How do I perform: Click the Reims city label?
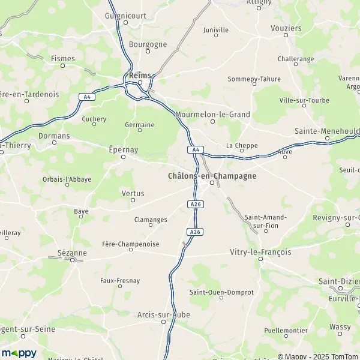click(139, 75)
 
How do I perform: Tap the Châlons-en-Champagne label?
click(208, 176)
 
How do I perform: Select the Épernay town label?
click(124, 149)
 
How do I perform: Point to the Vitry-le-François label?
click(260, 252)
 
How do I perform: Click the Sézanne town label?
click(72, 253)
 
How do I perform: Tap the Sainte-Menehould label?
click(327, 130)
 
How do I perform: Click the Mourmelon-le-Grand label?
click(212, 114)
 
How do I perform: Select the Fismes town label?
click(63, 59)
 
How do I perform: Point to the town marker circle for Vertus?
click(133, 200)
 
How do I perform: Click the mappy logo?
click(19, 353)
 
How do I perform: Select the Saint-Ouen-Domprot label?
click(221, 292)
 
